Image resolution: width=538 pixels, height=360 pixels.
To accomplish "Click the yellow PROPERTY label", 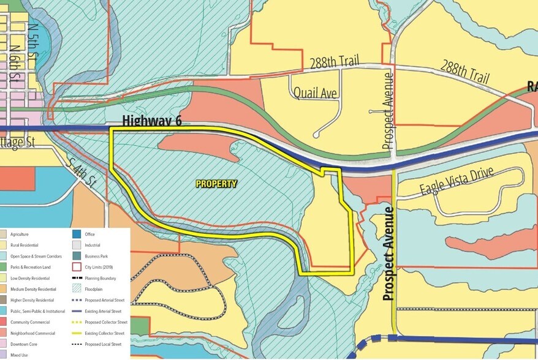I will pyautogui.click(x=216, y=184).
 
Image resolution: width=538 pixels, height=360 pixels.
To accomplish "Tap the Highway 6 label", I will pyautogui.click(x=151, y=121).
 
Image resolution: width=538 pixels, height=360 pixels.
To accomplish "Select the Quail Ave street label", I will pyautogui.click(x=315, y=93).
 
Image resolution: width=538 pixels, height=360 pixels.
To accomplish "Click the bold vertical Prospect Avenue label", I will pyautogui.click(x=387, y=253).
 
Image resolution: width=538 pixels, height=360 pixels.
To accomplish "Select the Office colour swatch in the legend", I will pyautogui.click(x=76, y=234).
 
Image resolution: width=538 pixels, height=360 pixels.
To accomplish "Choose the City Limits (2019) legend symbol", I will pyautogui.click(x=76, y=267).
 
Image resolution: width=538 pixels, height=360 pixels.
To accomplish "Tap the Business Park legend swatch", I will pyautogui.click(x=76, y=256).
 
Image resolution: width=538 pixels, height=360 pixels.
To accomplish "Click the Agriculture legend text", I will pyautogui.click(x=20, y=234).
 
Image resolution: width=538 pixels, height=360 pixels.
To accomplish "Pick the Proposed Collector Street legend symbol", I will pyautogui.click(x=76, y=322).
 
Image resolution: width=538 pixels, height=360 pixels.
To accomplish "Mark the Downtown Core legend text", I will pyautogui.click(x=21, y=344).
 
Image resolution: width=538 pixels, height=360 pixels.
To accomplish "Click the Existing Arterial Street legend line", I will pyautogui.click(x=76, y=311).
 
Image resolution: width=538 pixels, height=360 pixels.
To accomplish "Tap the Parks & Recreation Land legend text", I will pyautogui.click(x=29, y=267).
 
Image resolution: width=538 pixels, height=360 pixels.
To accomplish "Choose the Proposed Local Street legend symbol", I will pyautogui.click(x=76, y=344).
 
